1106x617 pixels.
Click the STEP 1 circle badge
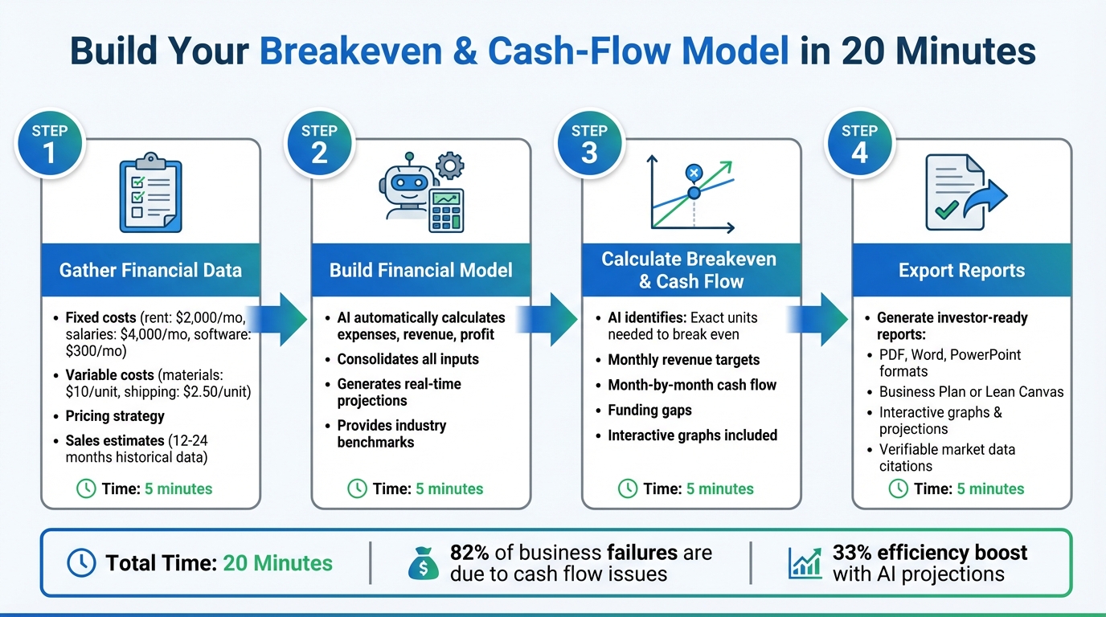point(49,145)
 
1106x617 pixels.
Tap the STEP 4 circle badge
point(859,145)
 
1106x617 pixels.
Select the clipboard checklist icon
point(150,193)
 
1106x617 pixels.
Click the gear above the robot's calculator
point(449,166)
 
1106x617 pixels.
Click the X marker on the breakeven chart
point(693,172)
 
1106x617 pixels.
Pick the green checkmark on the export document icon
point(944,210)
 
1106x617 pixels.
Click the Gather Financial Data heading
point(150,270)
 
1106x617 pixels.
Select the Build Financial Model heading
point(420,270)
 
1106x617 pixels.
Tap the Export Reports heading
point(961,270)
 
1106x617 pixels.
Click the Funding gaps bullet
point(649,410)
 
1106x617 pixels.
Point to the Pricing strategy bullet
point(115,416)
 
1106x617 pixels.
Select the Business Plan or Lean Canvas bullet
point(971,392)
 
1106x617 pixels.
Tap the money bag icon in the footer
point(423,564)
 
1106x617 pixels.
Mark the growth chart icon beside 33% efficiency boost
point(805,563)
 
